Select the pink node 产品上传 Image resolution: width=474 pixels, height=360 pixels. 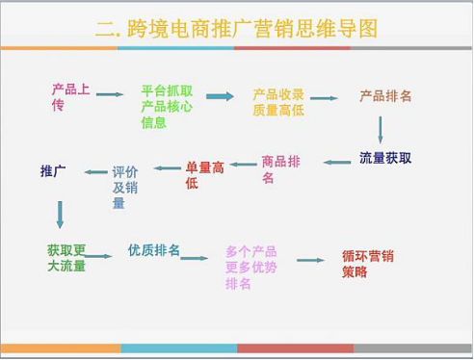(x=70, y=97)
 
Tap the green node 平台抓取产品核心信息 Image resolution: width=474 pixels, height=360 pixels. (x=167, y=107)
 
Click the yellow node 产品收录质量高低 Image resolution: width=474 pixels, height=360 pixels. (x=278, y=102)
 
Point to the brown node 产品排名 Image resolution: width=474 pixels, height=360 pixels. (x=385, y=96)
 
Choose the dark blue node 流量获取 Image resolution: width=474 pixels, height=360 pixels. (x=385, y=158)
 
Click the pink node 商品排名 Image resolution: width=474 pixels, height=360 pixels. (x=281, y=169)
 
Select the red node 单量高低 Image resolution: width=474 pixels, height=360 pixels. (x=204, y=175)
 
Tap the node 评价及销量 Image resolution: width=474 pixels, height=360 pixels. (x=125, y=188)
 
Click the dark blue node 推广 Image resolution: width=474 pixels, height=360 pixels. (x=53, y=171)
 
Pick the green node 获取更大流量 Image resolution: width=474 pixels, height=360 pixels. (x=66, y=258)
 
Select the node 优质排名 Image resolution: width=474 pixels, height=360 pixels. (x=154, y=250)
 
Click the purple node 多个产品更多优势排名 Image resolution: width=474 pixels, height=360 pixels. (x=251, y=268)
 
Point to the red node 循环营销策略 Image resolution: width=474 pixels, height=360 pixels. (x=368, y=264)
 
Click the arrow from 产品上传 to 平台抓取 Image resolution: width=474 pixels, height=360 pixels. (x=110, y=94)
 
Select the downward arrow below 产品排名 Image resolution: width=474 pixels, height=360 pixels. (x=381, y=130)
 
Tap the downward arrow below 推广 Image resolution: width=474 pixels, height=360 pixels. (x=60, y=215)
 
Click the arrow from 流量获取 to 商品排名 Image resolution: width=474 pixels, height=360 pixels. (x=337, y=163)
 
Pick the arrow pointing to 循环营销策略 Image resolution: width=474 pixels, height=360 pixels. (x=311, y=260)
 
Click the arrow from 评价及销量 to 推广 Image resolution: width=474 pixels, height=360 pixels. (x=95, y=172)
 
